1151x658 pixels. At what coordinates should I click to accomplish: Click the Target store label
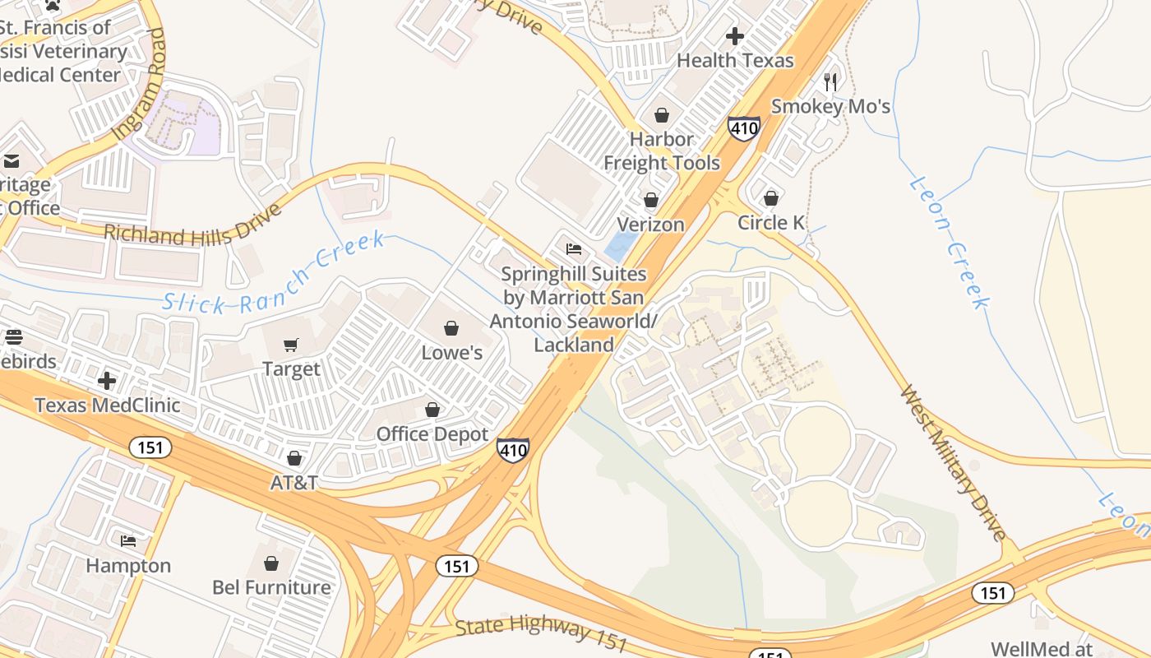tap(291, 369)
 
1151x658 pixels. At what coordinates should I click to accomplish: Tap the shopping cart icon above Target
tap(291, 345)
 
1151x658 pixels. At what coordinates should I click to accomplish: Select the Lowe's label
tap(451, 353)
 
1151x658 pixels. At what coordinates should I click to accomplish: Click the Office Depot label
tap(432, 434)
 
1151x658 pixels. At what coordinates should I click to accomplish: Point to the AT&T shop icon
tap(294, 458)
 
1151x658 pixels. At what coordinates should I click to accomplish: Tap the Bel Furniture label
tap(271, 587)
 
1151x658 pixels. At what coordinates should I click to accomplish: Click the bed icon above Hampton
tap(129, 541)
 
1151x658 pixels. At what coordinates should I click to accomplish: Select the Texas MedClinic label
tap(107, 405)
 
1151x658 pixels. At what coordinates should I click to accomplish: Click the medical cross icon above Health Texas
tap(735, 36)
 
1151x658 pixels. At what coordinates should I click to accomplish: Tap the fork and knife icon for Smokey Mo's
tap(830, 82)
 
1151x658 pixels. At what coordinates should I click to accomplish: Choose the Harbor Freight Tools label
tap(662, 151)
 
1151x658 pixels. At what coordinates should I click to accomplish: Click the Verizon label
tap(650, 225)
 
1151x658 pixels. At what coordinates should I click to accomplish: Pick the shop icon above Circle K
tap(771, 198)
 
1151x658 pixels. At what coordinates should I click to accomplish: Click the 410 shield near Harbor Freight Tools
tap(743, 128)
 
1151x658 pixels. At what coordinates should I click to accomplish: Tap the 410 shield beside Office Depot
tap(512, 450)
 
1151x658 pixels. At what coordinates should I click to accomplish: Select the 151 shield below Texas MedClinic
tap(150, 447)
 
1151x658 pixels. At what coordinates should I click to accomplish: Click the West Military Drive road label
tap(953, 462)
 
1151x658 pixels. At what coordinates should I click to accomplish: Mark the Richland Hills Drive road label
tap(193, 224)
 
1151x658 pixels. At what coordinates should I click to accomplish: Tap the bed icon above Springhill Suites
tap(574, 249)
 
